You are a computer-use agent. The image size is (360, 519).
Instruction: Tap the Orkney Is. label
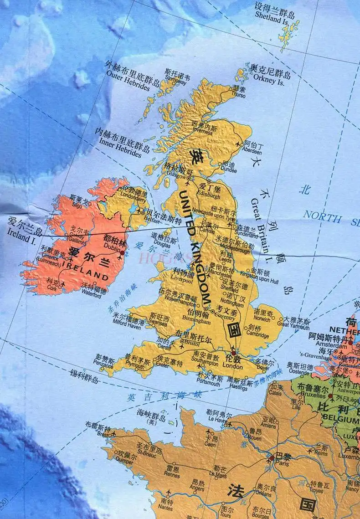272,81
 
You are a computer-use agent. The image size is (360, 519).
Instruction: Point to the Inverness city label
202,132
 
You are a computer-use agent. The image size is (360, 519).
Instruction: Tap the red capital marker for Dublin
122,252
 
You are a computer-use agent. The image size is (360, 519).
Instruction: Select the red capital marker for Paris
272,458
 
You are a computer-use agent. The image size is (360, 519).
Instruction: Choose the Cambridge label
258,333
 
